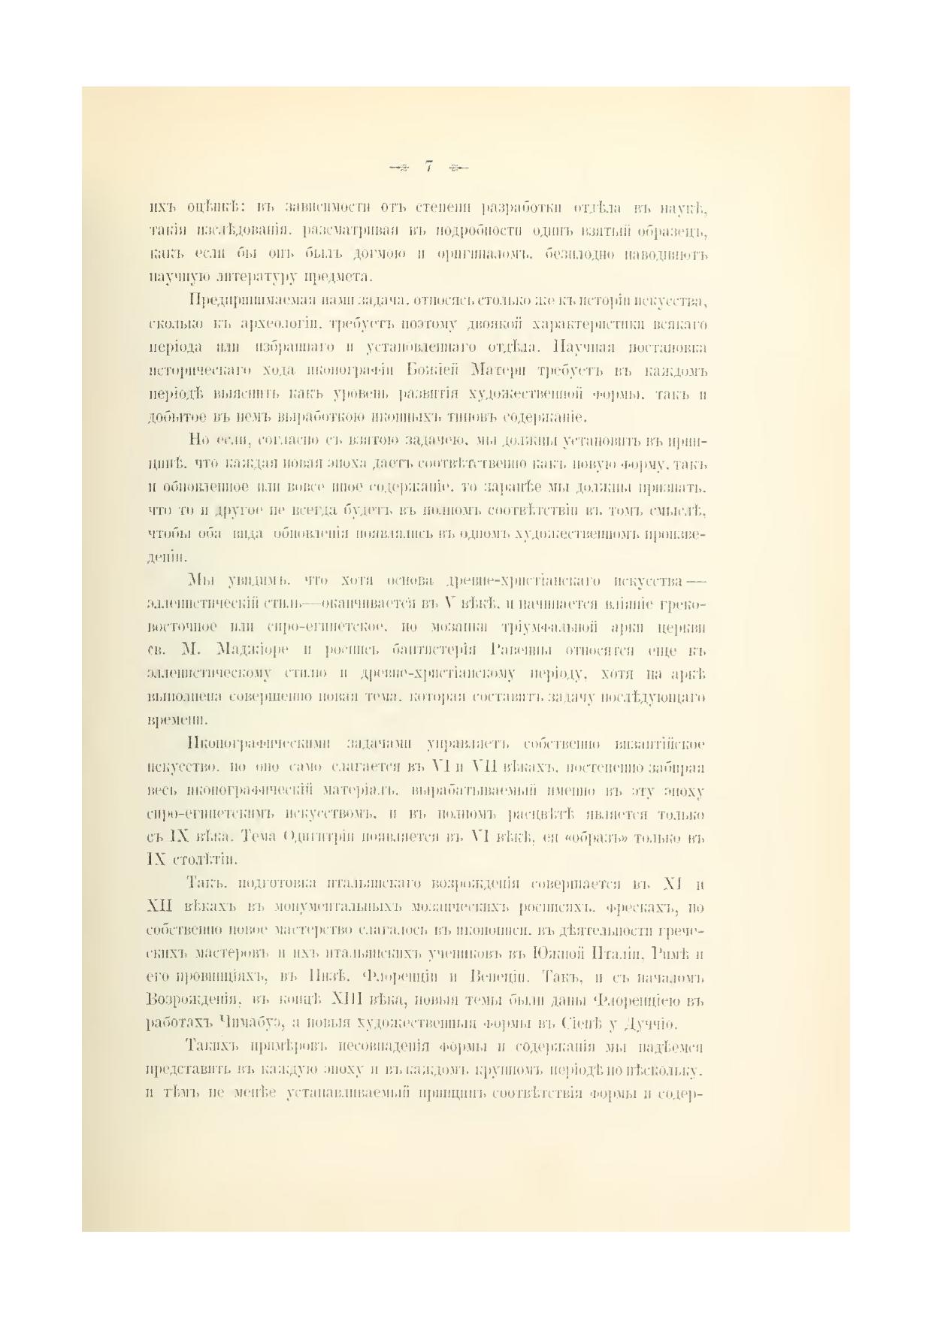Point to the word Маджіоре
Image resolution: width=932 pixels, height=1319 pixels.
click(250, 649)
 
